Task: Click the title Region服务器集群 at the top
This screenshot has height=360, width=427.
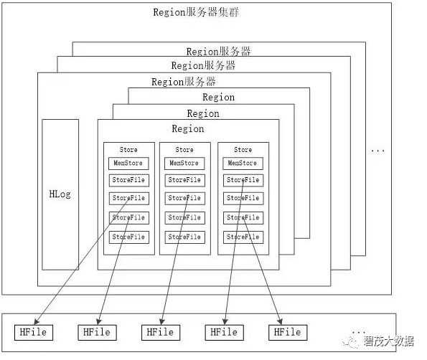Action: pyautogui.click(x=196, y=12)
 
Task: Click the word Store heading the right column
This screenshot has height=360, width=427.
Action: pyautogui.click(x=243, y=150)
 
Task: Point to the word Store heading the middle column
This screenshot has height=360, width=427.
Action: pyautogui.click(x=184, y=150)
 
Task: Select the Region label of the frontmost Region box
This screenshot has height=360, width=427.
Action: pyautogui.click(x=188, y=129)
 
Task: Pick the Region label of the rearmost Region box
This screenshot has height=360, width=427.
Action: pyautogui.click(x=219, y=98)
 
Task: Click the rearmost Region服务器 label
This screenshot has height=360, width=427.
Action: pyautogui.click(x=218, y=51)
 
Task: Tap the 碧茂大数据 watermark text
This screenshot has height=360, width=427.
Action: pyautogui.click(x=388, y=341)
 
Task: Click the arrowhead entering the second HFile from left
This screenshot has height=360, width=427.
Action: pyautogui.click(x=99, y=321)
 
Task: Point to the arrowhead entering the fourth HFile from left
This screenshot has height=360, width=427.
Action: pyautogui.click(x=225, y=321)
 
